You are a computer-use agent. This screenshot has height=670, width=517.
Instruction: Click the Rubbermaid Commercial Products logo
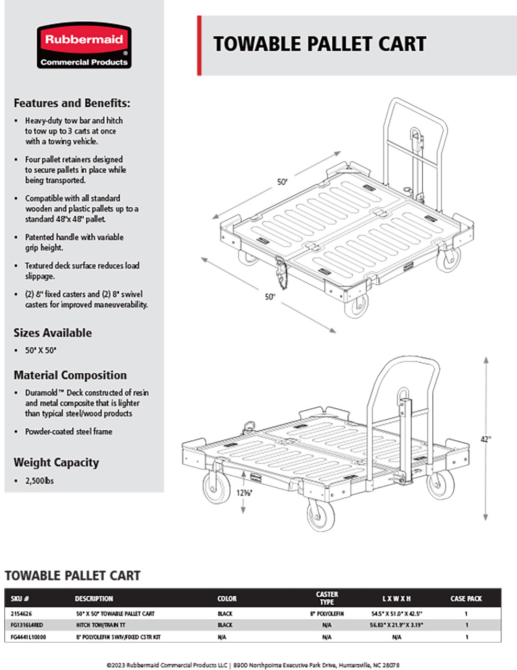pyautogui.click(x=84, y=46)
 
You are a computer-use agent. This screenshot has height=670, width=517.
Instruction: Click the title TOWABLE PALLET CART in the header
pyautogui.click(x=319, y=44)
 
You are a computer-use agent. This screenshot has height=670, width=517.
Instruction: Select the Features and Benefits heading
pyautogui.click(x=72, y=103)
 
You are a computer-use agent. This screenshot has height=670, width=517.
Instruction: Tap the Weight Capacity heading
pyautogui.click(x=56, y=463)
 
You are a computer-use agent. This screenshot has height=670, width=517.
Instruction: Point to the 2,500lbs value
pyautogui.click(x=39, y=481)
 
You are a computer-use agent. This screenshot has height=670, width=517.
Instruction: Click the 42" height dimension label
pyautogui.click(x=486, y=439)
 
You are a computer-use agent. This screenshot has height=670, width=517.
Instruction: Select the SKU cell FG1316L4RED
pyautogui.click(x=27, y=625)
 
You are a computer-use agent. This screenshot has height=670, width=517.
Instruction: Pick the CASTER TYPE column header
pyautogui.click(x=327, y=598)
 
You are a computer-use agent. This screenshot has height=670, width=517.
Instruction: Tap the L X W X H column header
pyautogui.click(x=396, y=598)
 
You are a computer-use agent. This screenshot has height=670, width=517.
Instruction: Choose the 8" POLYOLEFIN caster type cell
pyautogui.click(x=327, y=613)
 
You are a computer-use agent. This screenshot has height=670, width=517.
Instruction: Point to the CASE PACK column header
pyautogui.click(x=466, y=598)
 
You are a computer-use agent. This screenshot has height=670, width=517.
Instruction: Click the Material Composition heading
pyautogui.click(x=70, y=375)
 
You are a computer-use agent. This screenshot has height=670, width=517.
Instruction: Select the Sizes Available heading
pyautogui.click(x=52, y=333)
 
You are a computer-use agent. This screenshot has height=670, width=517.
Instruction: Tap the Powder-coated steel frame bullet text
pyautogui.click(x=69, y=432)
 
